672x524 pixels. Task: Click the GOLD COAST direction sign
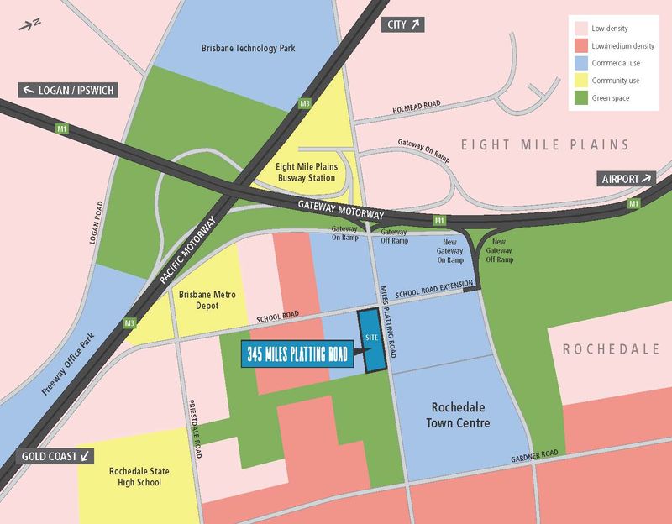[55, 457]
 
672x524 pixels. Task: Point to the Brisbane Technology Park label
[249, 49]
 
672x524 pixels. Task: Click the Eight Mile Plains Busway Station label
[307, 172]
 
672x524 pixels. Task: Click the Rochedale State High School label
[134, 477]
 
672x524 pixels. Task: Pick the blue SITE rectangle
[370, 340]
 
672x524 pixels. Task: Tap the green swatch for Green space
[580, 99]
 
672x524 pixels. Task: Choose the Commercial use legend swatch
[580, 61]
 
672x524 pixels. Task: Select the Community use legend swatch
[580, 80]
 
